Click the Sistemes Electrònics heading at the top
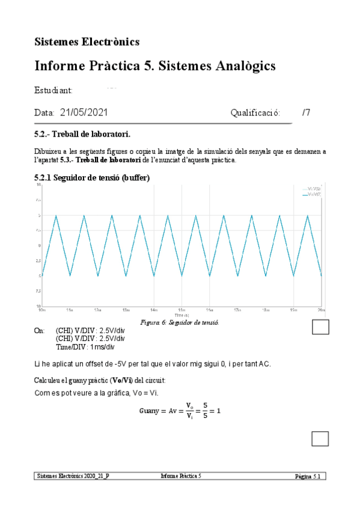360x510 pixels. (x=87, y=41)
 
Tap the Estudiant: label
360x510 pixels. (x=53, y=90)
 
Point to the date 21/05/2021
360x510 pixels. (x=84, y=112)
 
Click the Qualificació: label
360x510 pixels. (x=255, y=112)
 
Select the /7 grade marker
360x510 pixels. (x=307, y=112)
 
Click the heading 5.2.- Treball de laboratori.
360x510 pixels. (x=82, y=133)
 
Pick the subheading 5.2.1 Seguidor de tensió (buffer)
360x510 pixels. (x=93, y=178)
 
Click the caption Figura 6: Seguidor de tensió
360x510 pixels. (x=179, y=322)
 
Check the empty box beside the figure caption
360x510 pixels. (x=320, y=327)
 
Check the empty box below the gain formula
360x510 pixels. (x=320, y=439)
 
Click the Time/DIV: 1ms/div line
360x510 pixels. (x=85, y=347)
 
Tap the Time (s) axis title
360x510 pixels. (x=182, y=315)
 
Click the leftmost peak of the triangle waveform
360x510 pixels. (x=56, y=216)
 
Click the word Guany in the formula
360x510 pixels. (x=148, y=411)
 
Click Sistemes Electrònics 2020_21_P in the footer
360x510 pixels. (x=73, y=476)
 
